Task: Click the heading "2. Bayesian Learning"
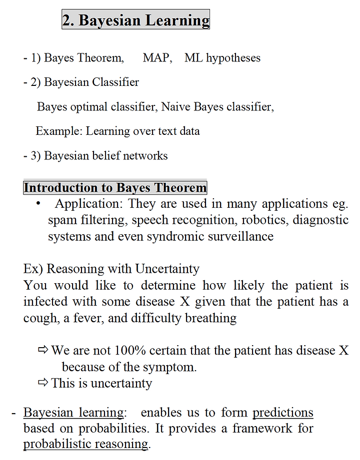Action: (135, 20)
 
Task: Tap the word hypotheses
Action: (233, 58)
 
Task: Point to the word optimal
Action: (89, 107)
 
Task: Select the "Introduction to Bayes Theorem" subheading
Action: (115, 188)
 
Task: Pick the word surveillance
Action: (237, 236)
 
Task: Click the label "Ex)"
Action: (33, 269)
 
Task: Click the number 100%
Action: (131, 351)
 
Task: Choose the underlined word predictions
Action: (282, 413)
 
